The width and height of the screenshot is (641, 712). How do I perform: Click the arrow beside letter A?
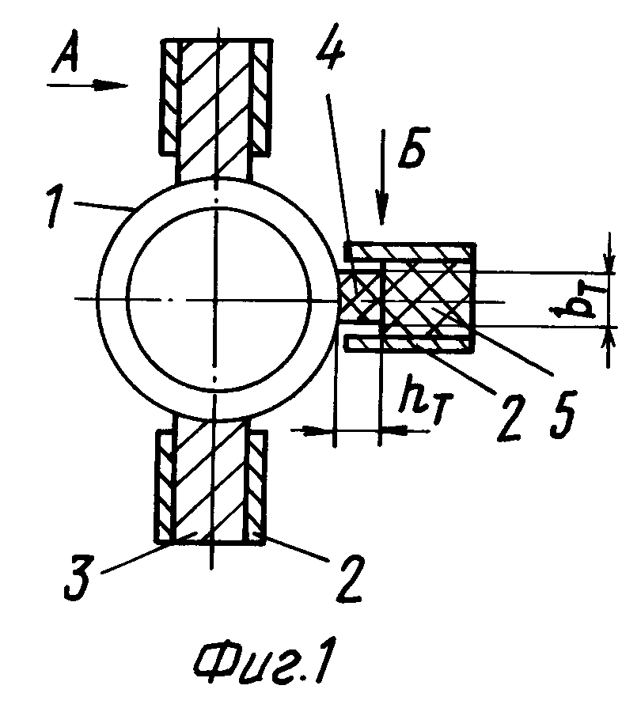(88, 85)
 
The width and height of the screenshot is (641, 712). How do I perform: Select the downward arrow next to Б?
(382, 177)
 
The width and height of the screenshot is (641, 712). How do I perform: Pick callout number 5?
(562, 414)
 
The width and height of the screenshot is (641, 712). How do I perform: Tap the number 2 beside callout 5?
(510, 417)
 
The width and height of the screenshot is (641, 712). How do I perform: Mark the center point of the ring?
(217, 300)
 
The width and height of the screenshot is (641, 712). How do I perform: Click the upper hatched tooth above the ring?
(216, 109)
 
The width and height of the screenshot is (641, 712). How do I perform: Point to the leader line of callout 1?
(104, 208)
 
